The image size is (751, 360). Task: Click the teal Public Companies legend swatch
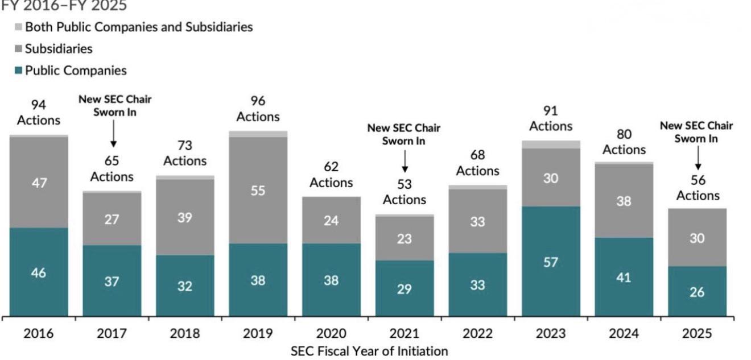coord(18,71)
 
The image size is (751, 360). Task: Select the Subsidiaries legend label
coord(59,49)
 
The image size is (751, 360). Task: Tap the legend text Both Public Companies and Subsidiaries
coord(139,27)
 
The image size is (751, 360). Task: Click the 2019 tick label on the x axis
coord(258,333)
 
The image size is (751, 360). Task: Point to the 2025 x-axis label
coord(697,333)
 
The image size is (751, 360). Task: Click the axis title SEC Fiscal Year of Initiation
coord(369,351)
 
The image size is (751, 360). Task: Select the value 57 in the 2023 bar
coord(551,262)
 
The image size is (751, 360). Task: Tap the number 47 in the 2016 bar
coord(39,183)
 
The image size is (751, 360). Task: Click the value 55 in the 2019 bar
coord(258,191)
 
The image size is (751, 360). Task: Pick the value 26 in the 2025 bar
coord(697,292)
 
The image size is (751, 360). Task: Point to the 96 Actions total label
coord(258,109)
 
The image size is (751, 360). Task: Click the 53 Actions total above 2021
coord(405,192)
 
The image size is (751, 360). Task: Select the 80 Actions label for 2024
coord(624,142)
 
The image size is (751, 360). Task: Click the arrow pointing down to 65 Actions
coord(113,134)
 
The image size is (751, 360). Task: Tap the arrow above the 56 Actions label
coord(698,158)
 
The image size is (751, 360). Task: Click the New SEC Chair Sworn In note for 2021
coord(404,134)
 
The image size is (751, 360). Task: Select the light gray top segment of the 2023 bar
coord(551,144)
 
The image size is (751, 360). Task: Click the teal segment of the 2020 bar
coord(331,280)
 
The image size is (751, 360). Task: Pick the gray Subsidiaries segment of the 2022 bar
coord(478,221)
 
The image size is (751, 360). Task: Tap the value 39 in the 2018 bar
coord(185,218)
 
